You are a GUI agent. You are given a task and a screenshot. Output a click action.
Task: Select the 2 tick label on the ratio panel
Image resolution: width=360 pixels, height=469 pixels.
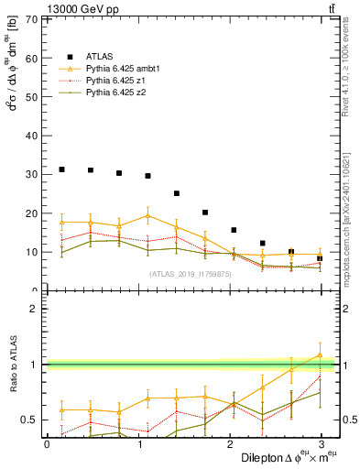coord(34,309)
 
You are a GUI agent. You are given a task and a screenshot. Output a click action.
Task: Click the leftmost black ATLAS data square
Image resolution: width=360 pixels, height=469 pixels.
coord(61,169)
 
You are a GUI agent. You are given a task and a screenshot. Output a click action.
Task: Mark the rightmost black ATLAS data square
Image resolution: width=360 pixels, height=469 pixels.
coord(320,258)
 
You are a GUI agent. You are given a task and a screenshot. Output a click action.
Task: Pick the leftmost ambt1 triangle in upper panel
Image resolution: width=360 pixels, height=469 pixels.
coord(61,222)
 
